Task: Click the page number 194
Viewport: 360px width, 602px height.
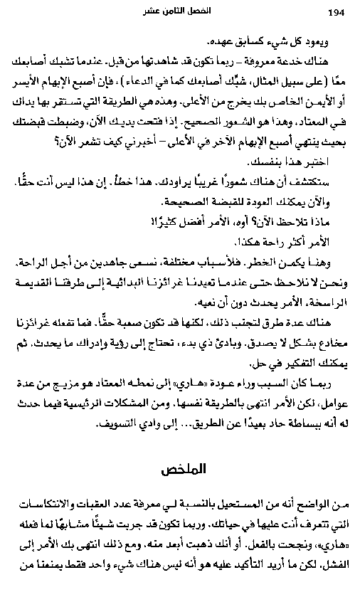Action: pos(336,11)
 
